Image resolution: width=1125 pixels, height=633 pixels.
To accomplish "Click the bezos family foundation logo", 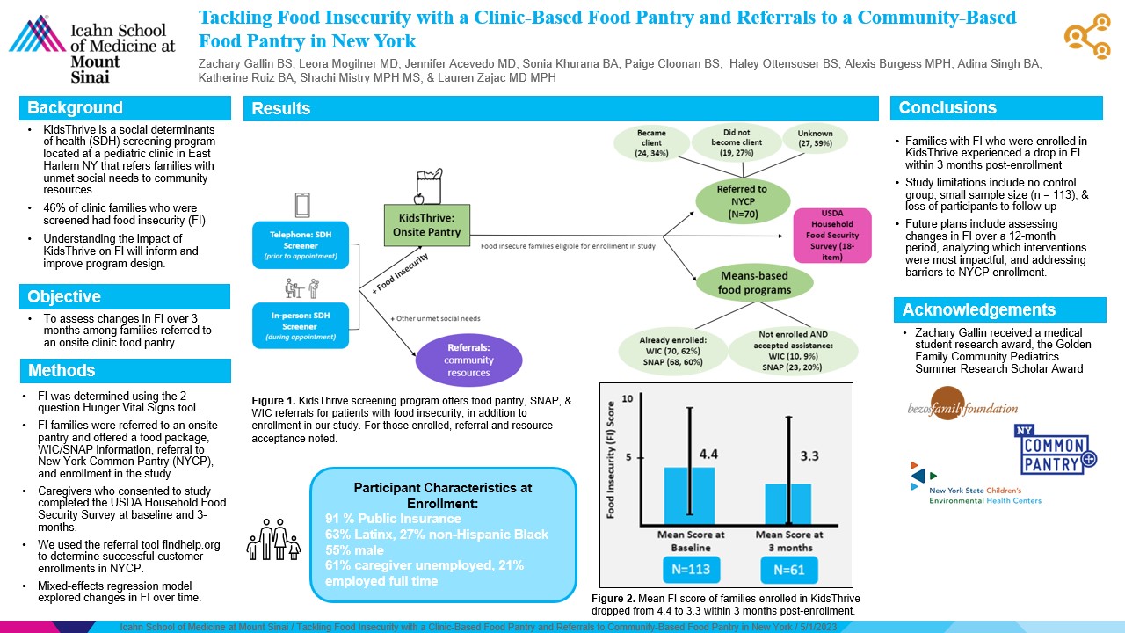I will click(x=962, y=408).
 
